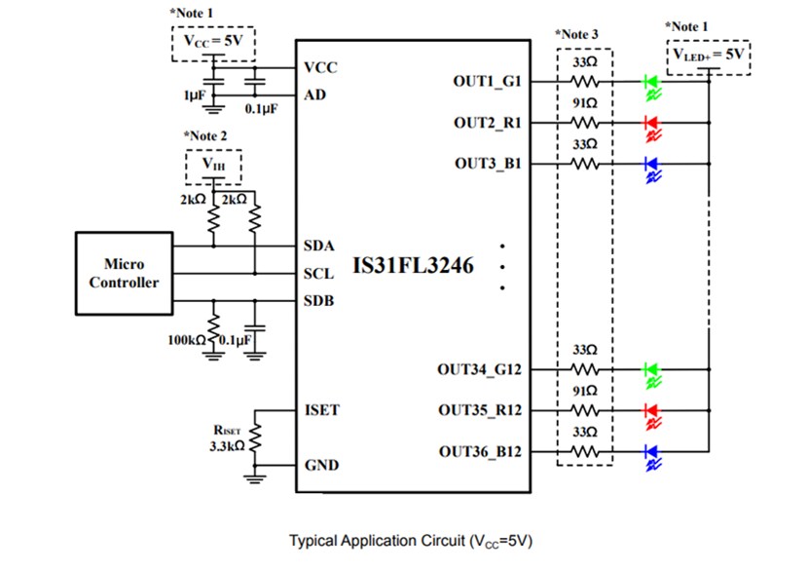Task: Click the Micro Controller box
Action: [124, 274]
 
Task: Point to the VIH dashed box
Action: [213, 167]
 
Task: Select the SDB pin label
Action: [319, 301]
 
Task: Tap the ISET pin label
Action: [322, 410]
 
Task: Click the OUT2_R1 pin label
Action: [487, 123]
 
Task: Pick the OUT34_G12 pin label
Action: [480, 370]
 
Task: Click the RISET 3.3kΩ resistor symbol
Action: [257, 439]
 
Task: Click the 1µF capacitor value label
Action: [194, 96]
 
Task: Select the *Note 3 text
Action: [578, 35]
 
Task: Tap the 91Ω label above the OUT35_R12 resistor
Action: [585, 391]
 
